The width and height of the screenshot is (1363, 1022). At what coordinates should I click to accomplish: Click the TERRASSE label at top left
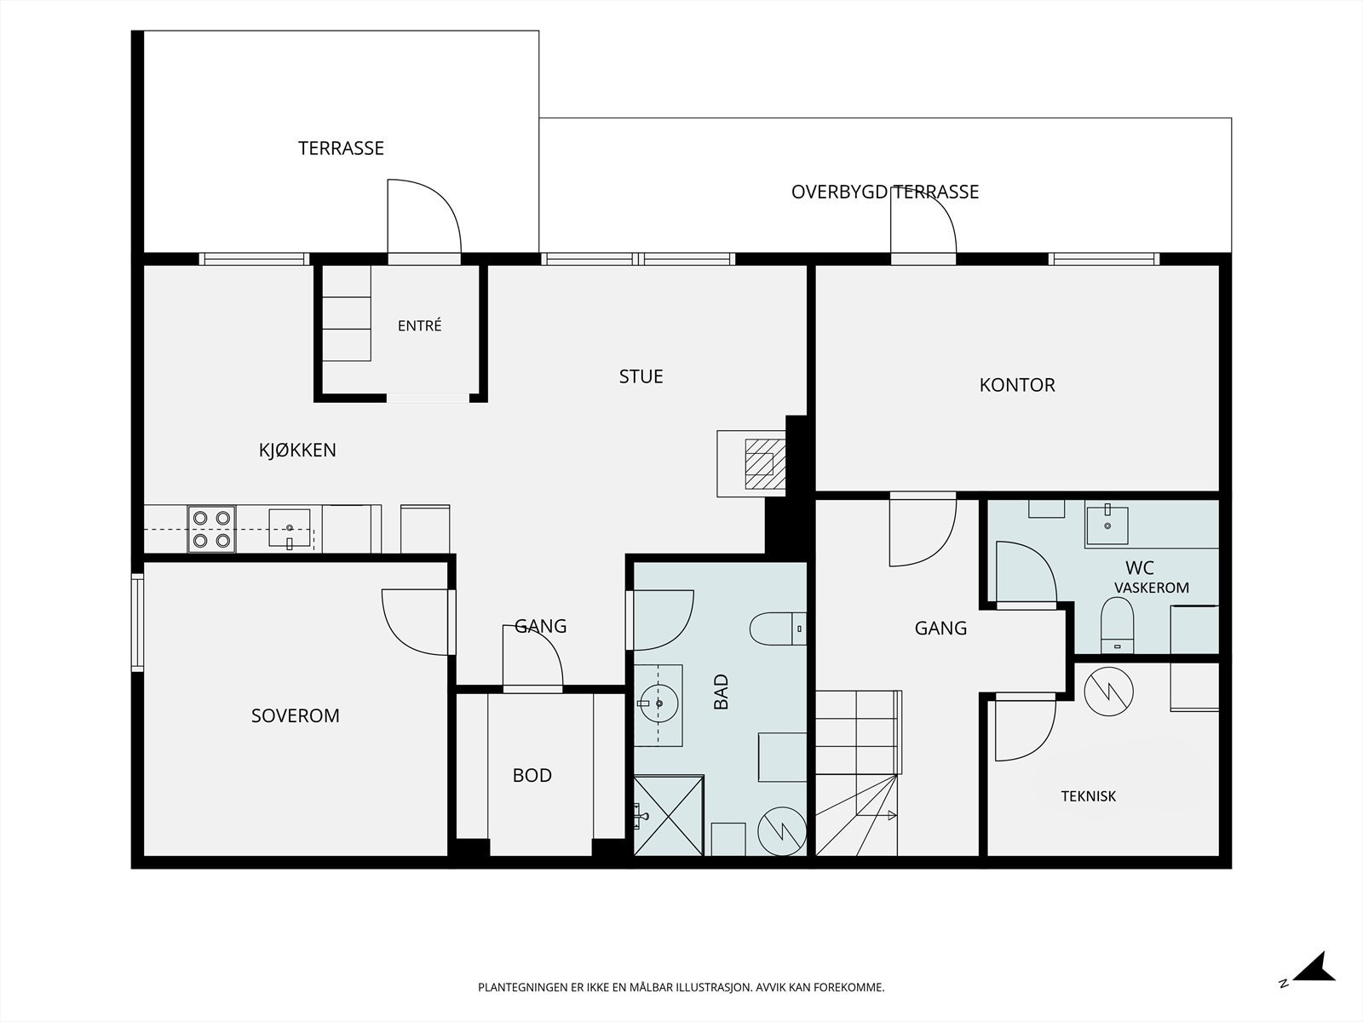[341, 148]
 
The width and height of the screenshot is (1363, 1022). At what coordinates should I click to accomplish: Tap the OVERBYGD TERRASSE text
[885, 192]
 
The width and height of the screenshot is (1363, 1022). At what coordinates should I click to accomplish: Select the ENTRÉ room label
[420, 326]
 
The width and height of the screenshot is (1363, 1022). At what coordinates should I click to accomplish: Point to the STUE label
[641, 376]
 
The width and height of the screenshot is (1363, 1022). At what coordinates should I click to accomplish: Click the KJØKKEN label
[297, 450]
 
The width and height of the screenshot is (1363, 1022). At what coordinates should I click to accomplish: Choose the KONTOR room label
[1017, 385]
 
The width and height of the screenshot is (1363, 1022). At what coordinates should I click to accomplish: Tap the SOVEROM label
[296, 716]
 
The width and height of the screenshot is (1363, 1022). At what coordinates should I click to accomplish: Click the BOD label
[532, 776]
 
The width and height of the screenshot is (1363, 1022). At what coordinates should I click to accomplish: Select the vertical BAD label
[721, 692]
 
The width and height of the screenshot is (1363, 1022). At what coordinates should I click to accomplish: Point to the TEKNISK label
[1089, 796]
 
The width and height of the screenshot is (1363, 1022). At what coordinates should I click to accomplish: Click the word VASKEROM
[1152, 588]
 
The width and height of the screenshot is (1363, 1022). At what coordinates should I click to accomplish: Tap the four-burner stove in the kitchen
[212, 529]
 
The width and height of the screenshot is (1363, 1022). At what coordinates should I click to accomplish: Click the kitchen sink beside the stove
[290, 528]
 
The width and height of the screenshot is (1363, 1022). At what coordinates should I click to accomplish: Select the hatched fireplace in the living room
[765, 463]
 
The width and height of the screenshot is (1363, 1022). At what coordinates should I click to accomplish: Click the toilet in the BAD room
[778, 629]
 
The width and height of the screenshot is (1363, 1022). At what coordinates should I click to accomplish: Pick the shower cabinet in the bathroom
[668, 815]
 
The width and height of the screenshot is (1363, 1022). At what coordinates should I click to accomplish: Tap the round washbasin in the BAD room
[659, 703]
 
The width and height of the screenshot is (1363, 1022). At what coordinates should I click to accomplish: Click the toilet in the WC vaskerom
[1117, 625]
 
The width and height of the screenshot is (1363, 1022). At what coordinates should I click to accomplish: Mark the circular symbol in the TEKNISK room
[1109, 692]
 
